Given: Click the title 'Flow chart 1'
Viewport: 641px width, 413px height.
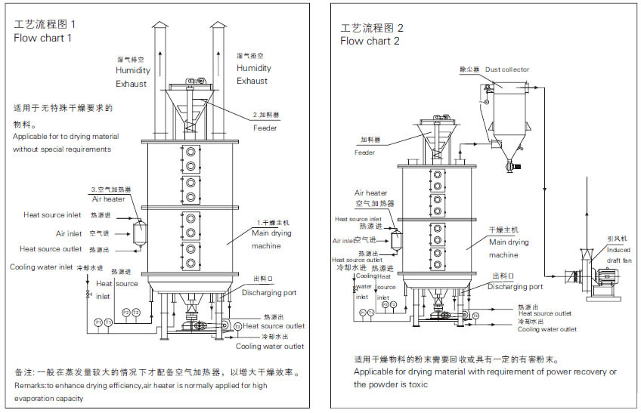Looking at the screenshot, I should [x=43, y=39].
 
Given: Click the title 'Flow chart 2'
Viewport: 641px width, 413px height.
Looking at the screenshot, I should [x=370, y=41].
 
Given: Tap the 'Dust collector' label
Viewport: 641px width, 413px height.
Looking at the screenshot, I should [x=507, y=69].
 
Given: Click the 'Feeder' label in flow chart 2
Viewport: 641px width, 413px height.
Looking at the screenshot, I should [x=364, y=153].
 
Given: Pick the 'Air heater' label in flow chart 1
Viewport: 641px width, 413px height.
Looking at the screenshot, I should [x=109, y=199].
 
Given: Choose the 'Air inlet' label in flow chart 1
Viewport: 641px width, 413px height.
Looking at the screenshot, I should [x=69, y=234].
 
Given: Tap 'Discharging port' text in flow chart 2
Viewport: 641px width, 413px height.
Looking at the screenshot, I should [x=515, y=287].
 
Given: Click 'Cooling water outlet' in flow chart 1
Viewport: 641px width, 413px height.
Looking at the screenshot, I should [x=271, y=347].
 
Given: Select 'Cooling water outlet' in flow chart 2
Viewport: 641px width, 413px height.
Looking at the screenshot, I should [x=547, y=329].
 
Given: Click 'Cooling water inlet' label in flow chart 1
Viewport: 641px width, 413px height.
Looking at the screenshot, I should [x=42, y=267].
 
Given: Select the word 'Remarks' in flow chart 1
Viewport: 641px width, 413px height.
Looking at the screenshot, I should [x=29, y=385].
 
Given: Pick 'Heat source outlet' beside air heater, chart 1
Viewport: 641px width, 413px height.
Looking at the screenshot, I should [x=51, y=248].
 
